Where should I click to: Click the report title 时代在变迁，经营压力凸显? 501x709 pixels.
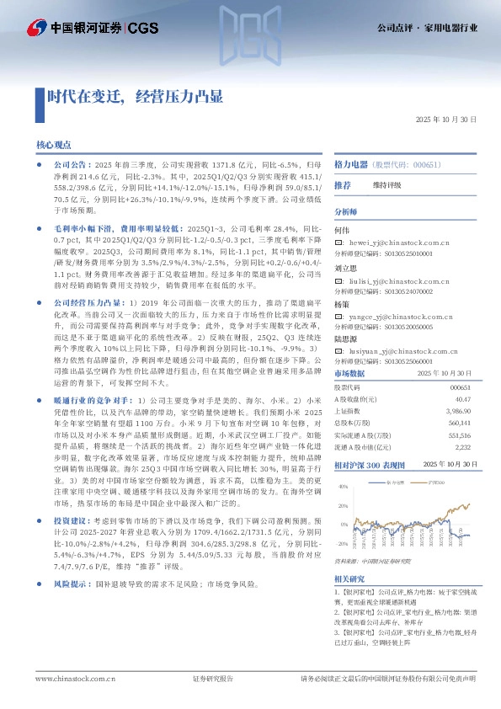(x=135, y=96)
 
